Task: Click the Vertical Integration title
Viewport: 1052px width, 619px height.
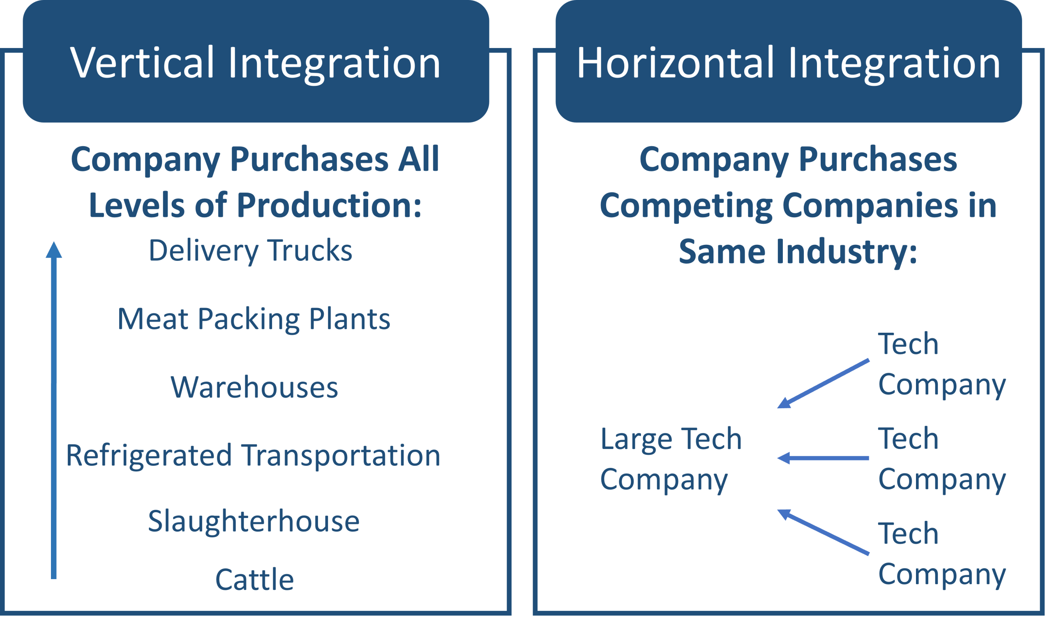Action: [255, 62]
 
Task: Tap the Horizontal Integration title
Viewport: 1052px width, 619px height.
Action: [788, 62]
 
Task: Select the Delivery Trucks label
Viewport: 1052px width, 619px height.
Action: [251, 251]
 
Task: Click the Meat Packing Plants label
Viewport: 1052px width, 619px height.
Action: [254, 319]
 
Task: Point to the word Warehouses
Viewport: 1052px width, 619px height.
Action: [254, 387]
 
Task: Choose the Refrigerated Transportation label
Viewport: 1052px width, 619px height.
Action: [253, 456]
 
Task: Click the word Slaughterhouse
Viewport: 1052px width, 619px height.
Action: [254, 521]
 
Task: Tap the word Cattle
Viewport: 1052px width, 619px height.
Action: [254, 580]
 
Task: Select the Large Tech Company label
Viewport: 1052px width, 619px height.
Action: [670, 459]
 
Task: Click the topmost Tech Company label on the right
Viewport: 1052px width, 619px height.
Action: [942, 364]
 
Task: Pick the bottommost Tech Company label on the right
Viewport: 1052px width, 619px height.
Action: [942, 554]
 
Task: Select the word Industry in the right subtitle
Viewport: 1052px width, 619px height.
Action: [847, 252]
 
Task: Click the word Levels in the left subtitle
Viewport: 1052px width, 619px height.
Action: [137, 205]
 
